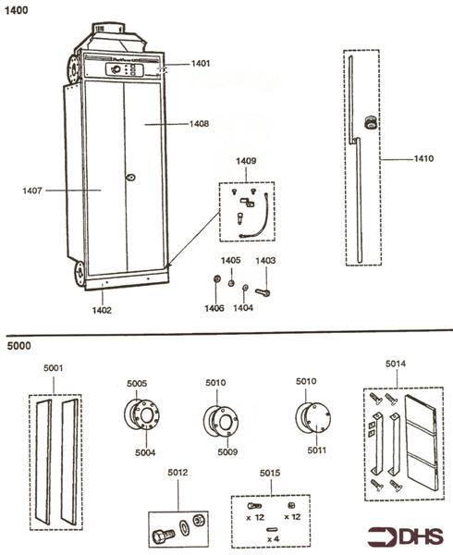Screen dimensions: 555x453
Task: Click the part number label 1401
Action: click(201, 64)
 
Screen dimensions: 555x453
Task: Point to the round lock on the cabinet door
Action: click(130, 176)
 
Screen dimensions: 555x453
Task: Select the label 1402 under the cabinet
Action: click(102, 311)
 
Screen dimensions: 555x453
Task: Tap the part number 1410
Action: click(422, 159)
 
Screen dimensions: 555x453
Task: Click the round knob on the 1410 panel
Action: click(371, 121)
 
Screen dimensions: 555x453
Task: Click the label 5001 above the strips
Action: click(55, 368)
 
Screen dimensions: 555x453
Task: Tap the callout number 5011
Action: click(317, 451)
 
